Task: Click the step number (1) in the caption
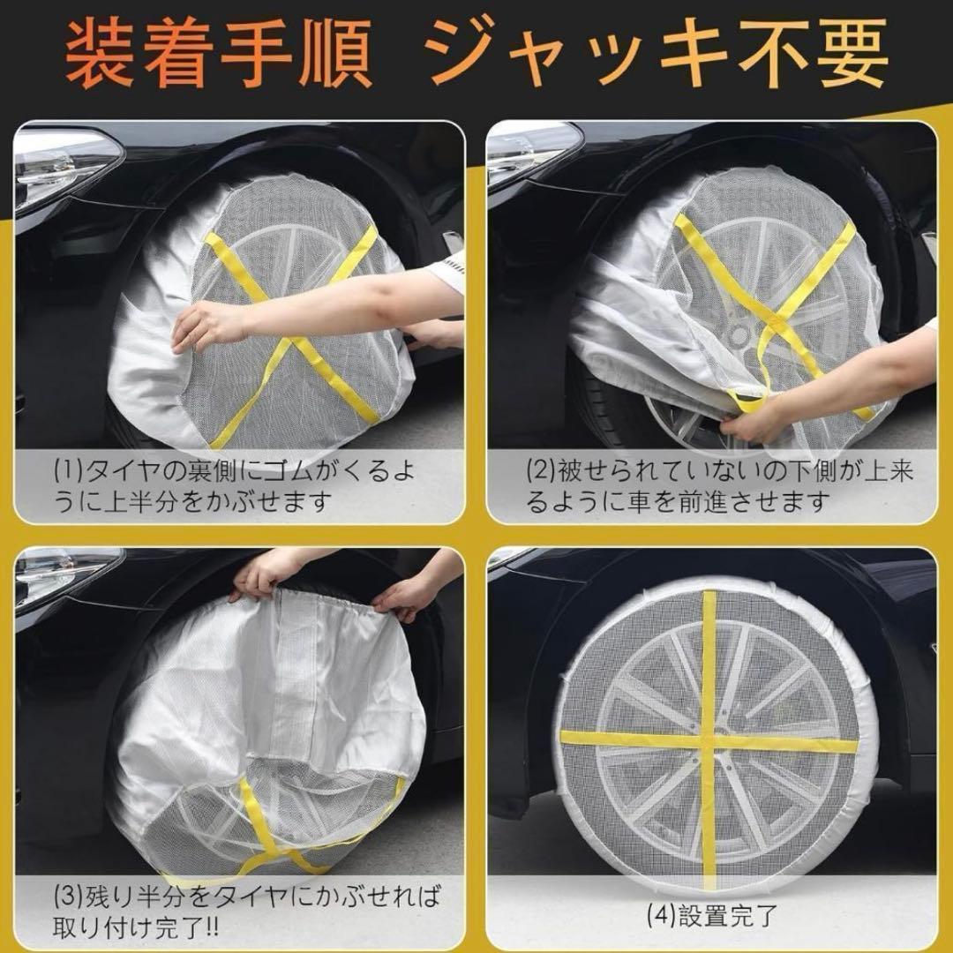point(67,471)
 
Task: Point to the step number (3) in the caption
point(67,897)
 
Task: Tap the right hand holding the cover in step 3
point(401,598)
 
